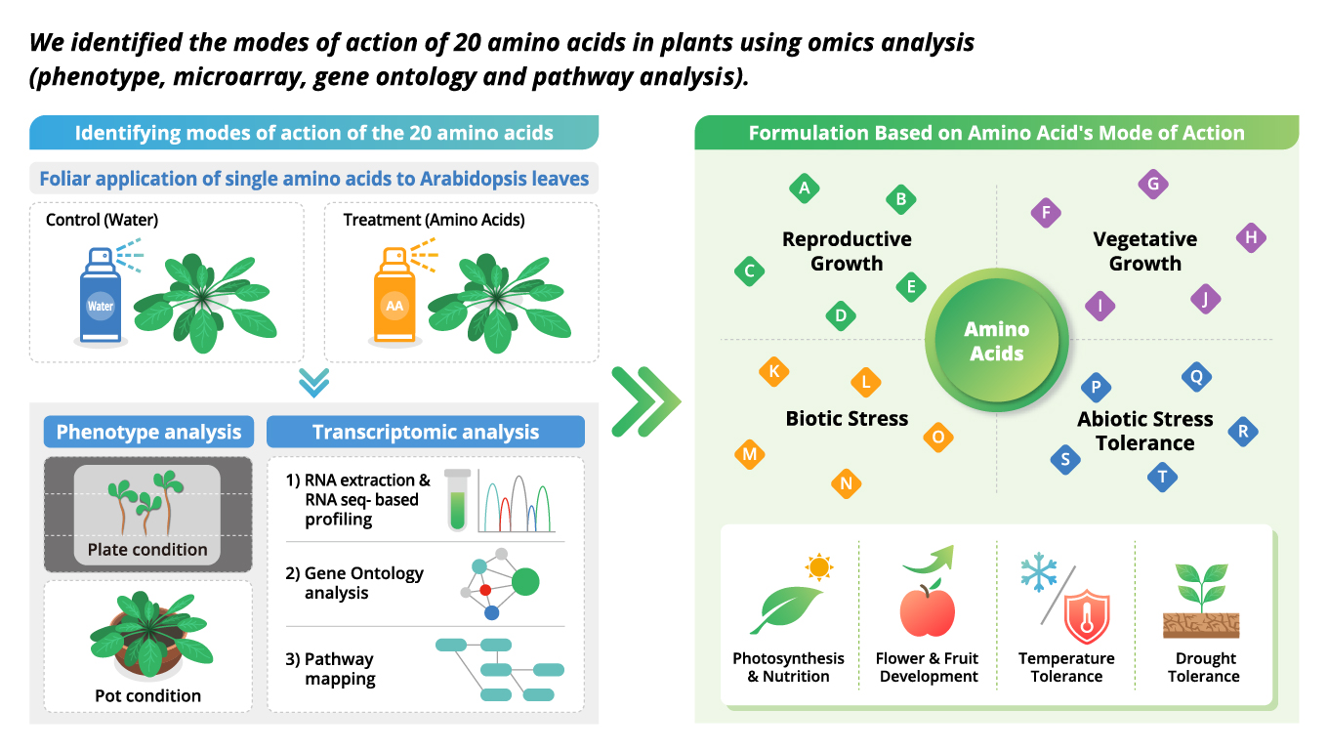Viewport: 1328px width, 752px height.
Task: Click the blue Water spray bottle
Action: (101, 297)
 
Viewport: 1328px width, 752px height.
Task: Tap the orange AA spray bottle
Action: (394, 297)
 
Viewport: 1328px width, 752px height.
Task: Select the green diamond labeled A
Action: (804, 188)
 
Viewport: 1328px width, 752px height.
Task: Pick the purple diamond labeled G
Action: (1153, 184)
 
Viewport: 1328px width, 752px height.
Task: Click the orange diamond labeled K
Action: (773, 371)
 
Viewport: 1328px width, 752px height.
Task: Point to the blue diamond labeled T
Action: (1162, 478)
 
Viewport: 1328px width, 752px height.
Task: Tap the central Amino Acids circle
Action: (996, 341)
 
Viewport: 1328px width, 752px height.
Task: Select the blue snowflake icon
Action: (1039, 573)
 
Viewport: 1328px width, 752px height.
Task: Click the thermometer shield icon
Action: (1087, 615)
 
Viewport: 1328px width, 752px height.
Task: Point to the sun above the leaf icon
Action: (818, 566)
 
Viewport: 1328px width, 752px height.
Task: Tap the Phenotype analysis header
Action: (148, 432)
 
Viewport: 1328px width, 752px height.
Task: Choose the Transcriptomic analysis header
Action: (425, 432)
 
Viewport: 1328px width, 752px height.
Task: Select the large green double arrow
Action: (644, 401)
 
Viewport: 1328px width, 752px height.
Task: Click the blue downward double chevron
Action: (313, 382)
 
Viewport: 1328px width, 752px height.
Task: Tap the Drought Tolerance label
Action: (1205, 667)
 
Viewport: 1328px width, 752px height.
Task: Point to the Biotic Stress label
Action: (847, 419)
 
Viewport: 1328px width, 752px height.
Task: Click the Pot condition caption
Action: (147, 695)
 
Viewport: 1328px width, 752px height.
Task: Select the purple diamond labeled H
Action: (1251, 237)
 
